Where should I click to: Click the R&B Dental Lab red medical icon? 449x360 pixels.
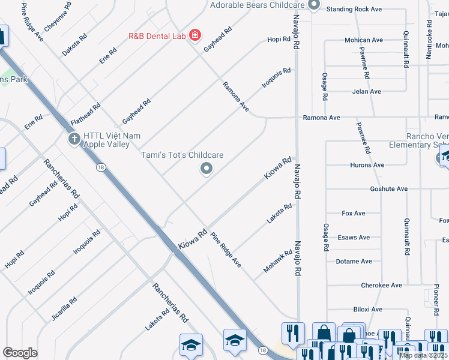pos(194,36)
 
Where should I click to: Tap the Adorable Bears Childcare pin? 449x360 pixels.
pos(313,5)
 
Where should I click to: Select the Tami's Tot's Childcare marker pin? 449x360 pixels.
pos(206,169)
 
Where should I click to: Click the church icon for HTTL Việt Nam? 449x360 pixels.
pos(74,140)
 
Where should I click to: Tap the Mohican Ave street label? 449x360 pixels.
pos(364,40)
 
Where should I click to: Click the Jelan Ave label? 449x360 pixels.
pos(366,91)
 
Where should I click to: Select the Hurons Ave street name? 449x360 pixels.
pos(367,165)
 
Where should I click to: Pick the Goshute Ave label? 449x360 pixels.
pos(389,188)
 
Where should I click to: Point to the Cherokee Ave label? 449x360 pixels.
pos(381,285)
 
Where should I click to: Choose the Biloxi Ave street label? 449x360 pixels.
pos(367,309)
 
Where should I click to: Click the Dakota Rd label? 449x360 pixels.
pos(74,45)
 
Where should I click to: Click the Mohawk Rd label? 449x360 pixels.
pos(278,261)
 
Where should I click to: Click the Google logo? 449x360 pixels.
pos(20,353)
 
